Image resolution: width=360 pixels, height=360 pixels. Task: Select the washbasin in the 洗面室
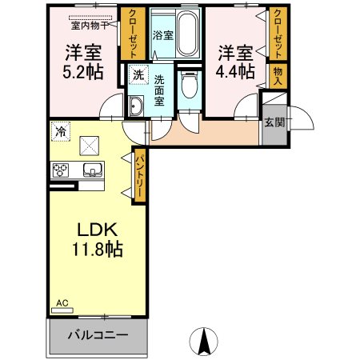click(136, 106)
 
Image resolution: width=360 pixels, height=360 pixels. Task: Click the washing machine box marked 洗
click(138, 75)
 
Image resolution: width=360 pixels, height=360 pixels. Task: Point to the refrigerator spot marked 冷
click(61, 131)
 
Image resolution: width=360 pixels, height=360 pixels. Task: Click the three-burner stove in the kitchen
click(60, 170)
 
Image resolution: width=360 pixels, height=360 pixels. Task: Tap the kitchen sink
click(93, 170)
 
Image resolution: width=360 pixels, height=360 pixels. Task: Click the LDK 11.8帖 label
click(98, 239)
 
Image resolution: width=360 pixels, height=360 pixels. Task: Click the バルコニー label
click(98, 334)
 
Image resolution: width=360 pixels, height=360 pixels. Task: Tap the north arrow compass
click(204, 341)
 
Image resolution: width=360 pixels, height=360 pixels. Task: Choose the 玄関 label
click(274, 122)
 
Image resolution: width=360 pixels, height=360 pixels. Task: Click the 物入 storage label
click(278, 76)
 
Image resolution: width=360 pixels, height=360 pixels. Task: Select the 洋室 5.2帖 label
click(83, 62)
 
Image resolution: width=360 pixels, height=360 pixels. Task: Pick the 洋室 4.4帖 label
click(235, 62)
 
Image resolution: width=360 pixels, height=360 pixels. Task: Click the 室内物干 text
click(90, 26)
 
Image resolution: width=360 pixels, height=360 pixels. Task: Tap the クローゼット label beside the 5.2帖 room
click(133, 34)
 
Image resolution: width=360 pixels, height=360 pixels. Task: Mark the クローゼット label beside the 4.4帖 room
click(278, 34)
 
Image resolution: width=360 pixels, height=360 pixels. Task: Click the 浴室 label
click(163, 35)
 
